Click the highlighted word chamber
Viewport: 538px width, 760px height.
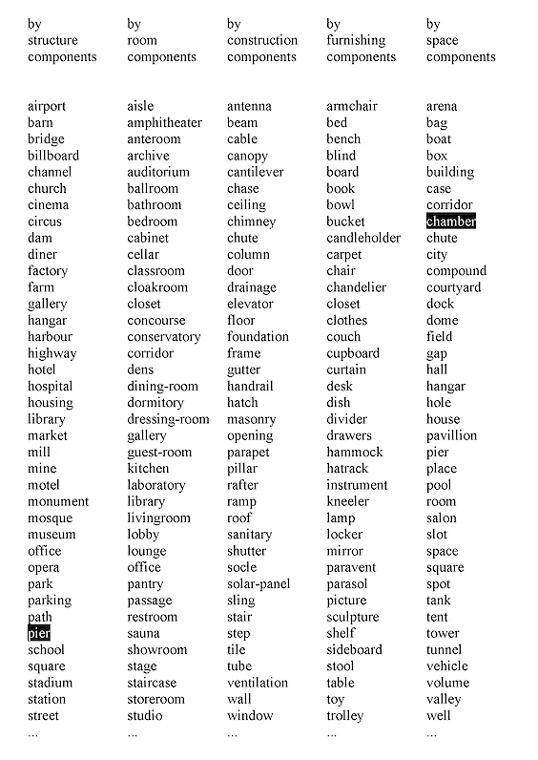tap(450, 222)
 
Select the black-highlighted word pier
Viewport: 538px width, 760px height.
tap(39, 633)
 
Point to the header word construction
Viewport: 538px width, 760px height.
tap(262, 40)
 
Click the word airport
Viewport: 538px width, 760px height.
tap(47, 106)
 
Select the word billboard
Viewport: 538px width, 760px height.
tap(53, 156)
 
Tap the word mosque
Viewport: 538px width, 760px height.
tap(50, 517)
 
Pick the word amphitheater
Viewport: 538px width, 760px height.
tap(164, 122)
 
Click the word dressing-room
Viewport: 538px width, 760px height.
tap(168, 419)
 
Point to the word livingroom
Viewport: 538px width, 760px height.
tap(158, 517)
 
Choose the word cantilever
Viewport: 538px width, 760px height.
tap(255, 172)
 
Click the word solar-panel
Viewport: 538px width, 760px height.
tap(259, 583)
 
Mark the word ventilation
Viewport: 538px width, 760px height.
tap(258, 683)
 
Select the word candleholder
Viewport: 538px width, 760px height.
tap(363, 238)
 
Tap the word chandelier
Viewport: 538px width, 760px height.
tap(357, 287)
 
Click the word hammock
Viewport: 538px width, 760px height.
tap(355, 452)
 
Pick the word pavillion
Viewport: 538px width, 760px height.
tap(452, 435)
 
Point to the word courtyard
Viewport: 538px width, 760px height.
tap(453, 287)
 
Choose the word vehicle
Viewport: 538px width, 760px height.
tap(447, 665)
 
